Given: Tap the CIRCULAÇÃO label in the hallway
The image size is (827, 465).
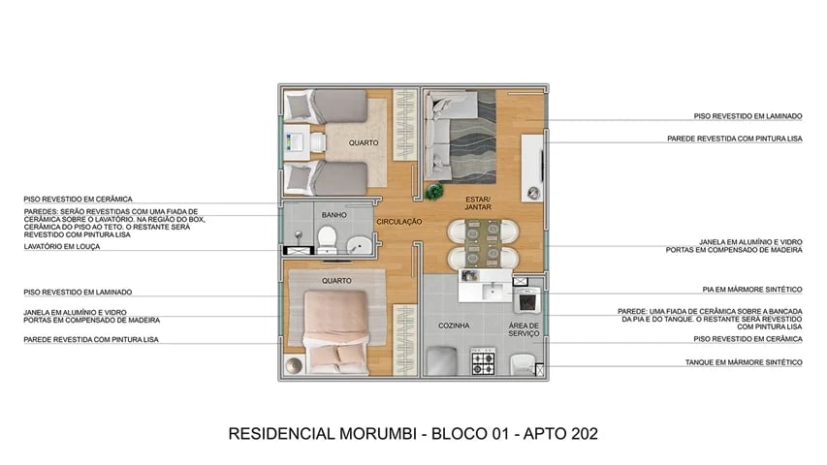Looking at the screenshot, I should (399, 222).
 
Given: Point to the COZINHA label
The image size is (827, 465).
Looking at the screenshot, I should (454, 325).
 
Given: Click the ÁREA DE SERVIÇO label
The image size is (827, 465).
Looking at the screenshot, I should (524, 329).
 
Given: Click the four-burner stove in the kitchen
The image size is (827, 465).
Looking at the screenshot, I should (483, 363).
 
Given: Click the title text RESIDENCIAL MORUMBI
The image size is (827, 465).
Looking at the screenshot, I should (321, 433).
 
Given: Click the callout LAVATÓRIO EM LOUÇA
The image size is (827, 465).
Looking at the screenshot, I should (62, 247).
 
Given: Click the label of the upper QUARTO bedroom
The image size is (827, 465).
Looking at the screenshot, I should (365, 143).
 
